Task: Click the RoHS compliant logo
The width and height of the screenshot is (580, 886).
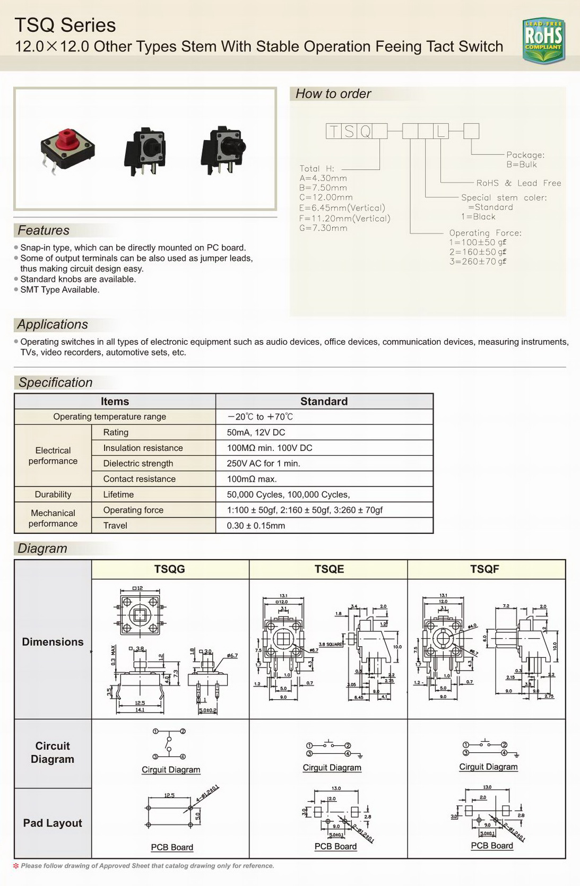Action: pyautogui.click(x=543, y=40)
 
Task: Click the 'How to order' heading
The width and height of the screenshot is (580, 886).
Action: pyautogui.click(x=333, y=94)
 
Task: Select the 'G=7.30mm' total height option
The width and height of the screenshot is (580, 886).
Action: pyautogui.click(x=323, y=228)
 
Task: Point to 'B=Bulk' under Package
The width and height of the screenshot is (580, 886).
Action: pyautogui.click(x=521, y=164)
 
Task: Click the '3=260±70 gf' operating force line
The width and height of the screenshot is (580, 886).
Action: pyautogui.click(x=478, y=262)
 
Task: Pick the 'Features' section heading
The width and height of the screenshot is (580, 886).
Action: pyautogui.click(x=44, y=230)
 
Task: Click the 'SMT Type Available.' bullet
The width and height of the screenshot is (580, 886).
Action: pyautogui.click(x=59, y=290)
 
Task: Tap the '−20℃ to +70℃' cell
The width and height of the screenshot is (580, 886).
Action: pyautogui.click(x=260, y=417)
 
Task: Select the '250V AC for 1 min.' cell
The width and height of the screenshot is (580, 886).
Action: pyautogui.click(x=263, y=463)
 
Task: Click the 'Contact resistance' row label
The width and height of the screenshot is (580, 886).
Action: pyautogui.click(x=139, y=479)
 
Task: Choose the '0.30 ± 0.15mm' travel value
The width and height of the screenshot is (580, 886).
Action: pyautogui.click(x=256, y=526)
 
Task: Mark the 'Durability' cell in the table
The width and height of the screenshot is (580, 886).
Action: pyautogui.click(x=53, y=494)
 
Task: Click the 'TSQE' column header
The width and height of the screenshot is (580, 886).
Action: pyautogui.click(x=329, y=569)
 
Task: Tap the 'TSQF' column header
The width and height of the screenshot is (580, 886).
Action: pyautogui.click(x=484, y=569)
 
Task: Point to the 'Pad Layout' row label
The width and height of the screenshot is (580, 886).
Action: pyautogui.click(x=53, y=823)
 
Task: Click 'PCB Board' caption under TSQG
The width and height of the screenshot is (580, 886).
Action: pyautogui.click(x=172, y=847)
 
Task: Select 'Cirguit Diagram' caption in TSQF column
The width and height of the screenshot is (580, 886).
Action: pyautogui.click(x=488, y=767)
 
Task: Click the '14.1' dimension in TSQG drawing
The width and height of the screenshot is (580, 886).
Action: pyautogui.click(x=140, y=710)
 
